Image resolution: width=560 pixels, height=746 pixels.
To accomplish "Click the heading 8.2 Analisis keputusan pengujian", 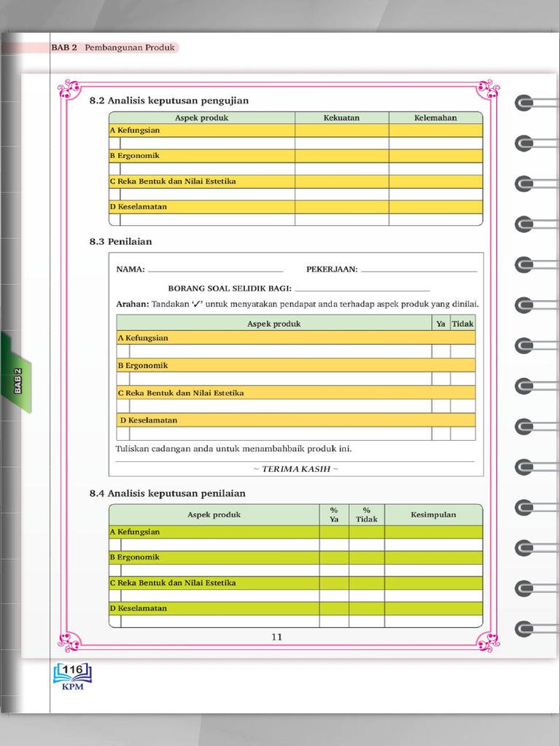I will tap(168, 101).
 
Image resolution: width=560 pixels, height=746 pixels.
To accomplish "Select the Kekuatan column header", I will tap(341, 117).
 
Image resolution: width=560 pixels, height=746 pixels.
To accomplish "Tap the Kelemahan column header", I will tap(435, 117).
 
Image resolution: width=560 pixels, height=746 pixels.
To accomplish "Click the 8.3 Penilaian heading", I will tap(120, 241).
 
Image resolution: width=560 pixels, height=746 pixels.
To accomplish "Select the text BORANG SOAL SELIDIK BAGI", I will tap(230, 288).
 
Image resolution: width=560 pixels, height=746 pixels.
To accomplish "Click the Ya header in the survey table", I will tap(440, 323).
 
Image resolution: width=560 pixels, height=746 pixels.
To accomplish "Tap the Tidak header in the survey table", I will tap(462, 323).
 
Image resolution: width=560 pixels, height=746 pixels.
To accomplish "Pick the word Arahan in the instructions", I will tap(132, 304).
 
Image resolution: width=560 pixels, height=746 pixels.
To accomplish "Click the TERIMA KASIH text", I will tap(295, 468).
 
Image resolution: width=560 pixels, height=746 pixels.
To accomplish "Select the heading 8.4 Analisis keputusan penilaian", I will tap(167, 493).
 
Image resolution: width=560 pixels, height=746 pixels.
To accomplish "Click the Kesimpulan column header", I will tap(433, 514).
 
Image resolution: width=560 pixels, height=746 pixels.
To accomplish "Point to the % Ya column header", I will tap(334, 514).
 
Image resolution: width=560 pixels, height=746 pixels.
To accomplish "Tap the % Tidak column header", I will tap(366, 514).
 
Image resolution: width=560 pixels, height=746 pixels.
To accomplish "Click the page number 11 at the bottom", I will tap(276, 637).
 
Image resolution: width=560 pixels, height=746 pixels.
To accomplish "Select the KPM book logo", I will tap(72, 675).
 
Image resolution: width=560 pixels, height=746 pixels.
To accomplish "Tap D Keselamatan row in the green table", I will tap(139, 608).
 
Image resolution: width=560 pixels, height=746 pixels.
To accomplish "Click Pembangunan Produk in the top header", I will tap(130, 47).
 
